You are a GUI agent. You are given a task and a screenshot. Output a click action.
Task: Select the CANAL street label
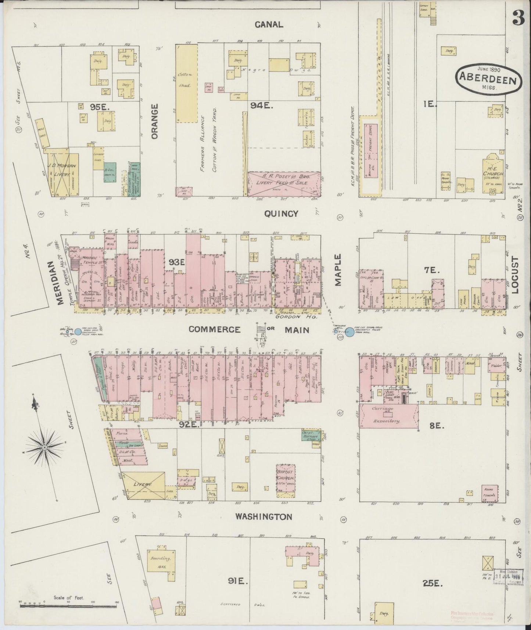tap(269, 25)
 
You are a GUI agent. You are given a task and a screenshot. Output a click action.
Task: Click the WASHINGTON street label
tap(263, 517)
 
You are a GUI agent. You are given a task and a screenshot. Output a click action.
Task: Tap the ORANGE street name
tap(154, 121)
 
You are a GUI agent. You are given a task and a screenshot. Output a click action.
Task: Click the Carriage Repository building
tap(389, 415)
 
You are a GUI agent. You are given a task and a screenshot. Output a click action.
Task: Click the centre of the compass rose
tap(44, 447)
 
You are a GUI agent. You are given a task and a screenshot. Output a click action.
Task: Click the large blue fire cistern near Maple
tap(350, 332)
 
